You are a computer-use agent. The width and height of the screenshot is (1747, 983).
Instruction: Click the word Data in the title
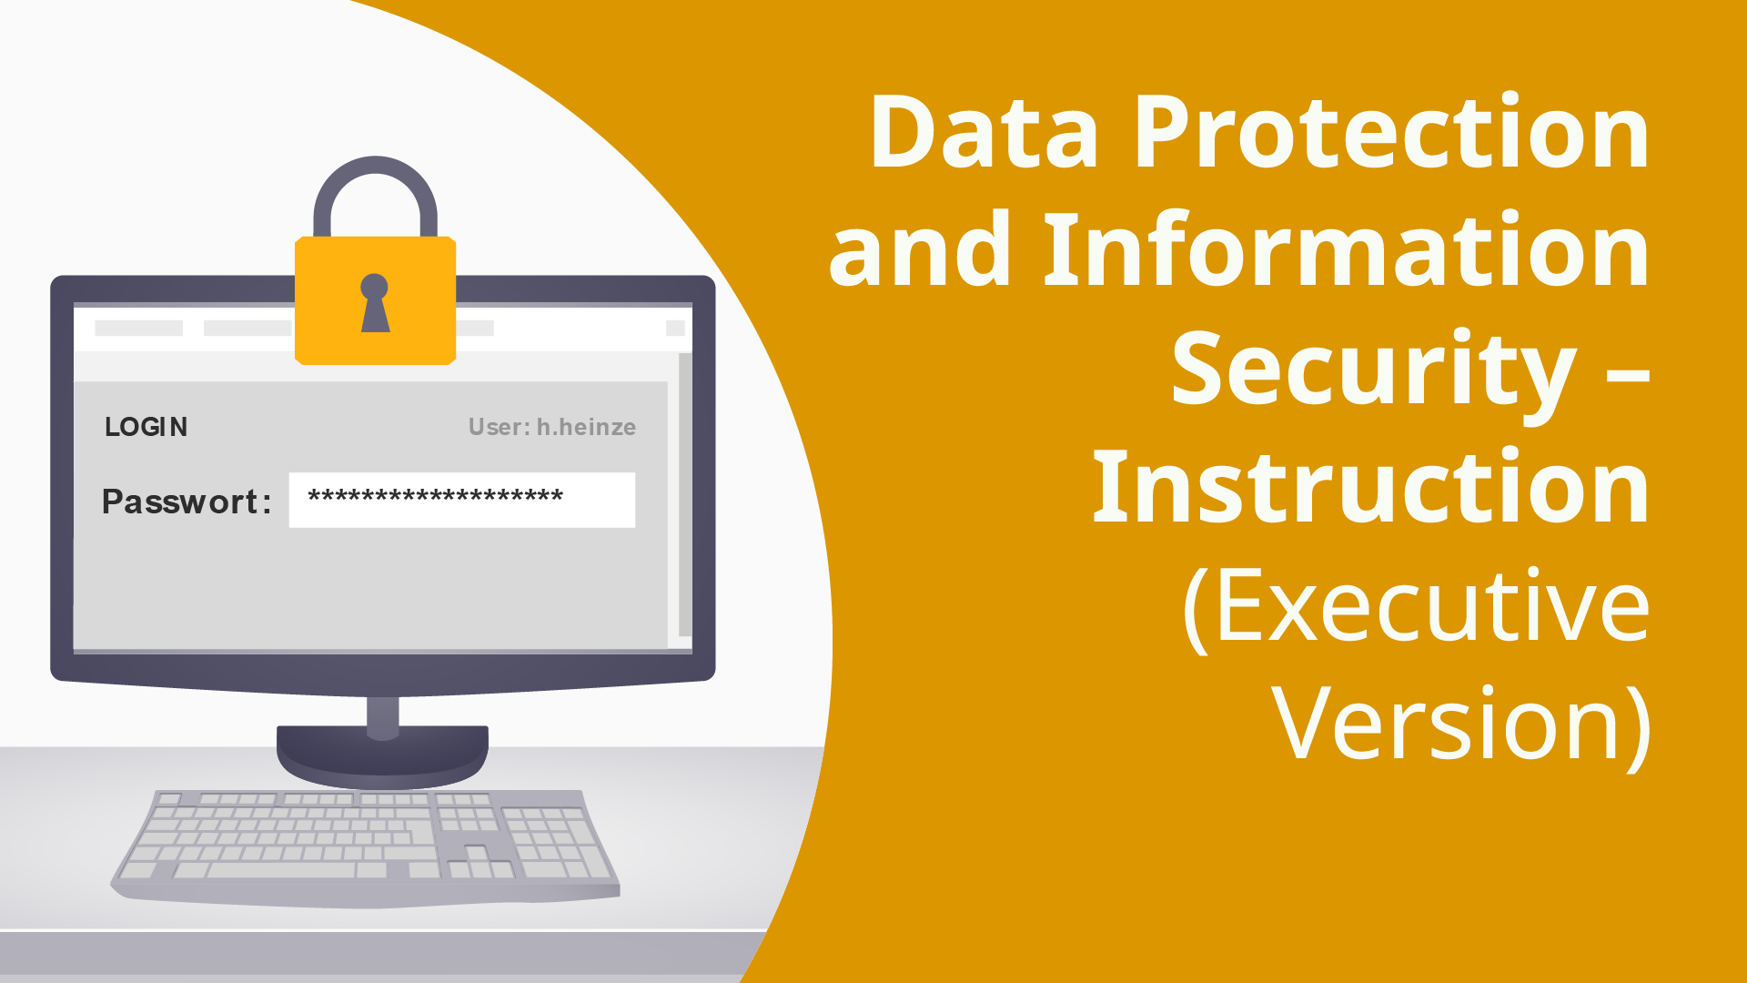coord(983,134)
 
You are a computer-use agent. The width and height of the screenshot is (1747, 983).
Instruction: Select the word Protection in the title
coord(1391,134)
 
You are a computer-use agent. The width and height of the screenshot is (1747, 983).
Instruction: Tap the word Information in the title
coord(1346,250)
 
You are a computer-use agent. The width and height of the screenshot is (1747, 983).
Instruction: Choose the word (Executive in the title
coord(1416,607)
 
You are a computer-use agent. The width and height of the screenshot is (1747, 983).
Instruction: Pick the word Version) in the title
coord(1461,724)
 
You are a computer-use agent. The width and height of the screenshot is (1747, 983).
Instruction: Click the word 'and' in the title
coord(919,250)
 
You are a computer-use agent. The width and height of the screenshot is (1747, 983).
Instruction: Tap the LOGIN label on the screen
coord(146,427)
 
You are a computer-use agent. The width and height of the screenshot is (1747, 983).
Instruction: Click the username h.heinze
coord(586,427)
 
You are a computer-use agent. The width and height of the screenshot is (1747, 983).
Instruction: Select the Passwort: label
coord(187,502)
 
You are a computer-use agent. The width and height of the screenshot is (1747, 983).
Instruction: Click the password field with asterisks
coord(461,500)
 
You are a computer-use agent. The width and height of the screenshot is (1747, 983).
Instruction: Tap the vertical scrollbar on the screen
coord(685,496)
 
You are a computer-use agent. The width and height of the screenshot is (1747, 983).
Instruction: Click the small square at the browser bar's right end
coord(675,328)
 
